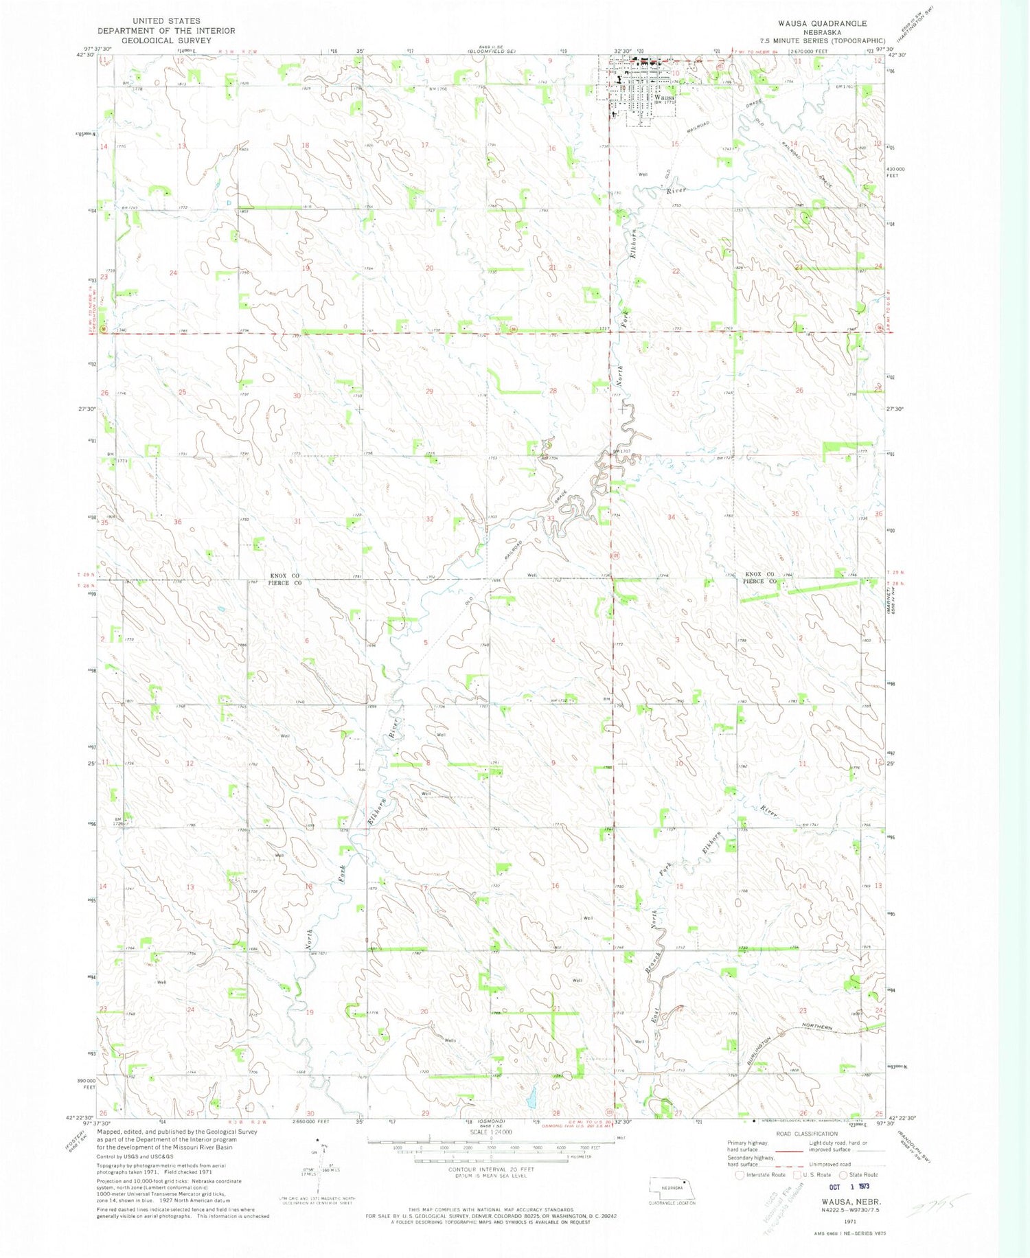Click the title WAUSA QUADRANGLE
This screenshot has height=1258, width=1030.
[x=821, y=23]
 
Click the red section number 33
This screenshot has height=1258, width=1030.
[x=551, y=519]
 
